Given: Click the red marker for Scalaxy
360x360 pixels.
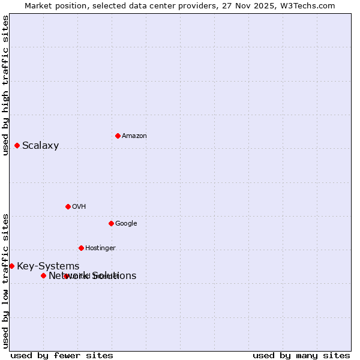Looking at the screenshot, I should pos(17,145).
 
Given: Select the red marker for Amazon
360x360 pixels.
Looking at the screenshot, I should pos(118,136).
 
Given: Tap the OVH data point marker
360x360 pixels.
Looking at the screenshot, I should pos(68,206).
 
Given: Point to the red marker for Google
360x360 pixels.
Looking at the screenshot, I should pos(111,223).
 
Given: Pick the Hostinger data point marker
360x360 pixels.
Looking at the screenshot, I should pos(81,248).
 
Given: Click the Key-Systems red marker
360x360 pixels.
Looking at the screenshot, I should pos(11,266).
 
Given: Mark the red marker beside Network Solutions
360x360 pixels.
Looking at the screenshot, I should pos(43,275).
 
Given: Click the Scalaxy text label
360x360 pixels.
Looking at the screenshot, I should pos(40,145).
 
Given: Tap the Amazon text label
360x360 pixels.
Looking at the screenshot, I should pos(134,136).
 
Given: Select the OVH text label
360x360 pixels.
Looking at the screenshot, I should pos(79,206).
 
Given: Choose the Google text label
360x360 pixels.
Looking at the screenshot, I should pos(126,223).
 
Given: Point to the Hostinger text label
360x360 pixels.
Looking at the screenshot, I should pos(100,248).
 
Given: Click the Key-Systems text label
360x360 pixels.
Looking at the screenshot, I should pos(48,266).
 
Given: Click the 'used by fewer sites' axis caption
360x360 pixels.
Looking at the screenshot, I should pos(62,355).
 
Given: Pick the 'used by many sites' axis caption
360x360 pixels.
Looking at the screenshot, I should pos(301,355).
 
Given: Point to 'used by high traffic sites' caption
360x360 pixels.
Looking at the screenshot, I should pos(5,85).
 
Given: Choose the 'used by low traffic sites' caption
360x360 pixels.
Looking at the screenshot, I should pos(5,280).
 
